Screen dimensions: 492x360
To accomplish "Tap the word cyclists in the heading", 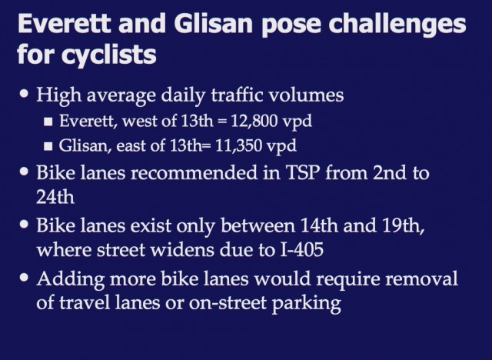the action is tap(108, 55).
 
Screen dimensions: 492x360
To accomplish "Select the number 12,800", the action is tap(254, 121).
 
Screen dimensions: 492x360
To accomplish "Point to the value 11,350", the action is tap(239, 145).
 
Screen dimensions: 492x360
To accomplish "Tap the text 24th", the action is tap(55, 197).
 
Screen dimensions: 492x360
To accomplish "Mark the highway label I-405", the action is tap(301, 250).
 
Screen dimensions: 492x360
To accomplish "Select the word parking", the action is tap(306, 304).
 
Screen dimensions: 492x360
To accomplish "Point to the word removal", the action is tap(421, 278).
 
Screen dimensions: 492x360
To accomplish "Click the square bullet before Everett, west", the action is tap(48, 122).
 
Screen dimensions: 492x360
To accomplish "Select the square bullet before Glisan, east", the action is tap(48, 146).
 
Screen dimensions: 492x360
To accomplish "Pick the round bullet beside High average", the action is tap(24, 93).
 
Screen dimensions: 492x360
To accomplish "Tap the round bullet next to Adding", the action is tap(24, 277).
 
